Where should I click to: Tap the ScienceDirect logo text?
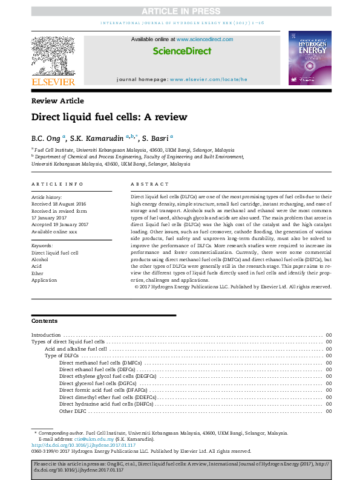point(182,51)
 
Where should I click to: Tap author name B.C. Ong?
point(45,138)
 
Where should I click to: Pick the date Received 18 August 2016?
point(59,204)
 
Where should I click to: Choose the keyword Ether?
point(38,273)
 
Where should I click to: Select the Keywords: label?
point(42,246)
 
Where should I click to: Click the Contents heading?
point(45,320)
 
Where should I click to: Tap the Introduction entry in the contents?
point(46,335)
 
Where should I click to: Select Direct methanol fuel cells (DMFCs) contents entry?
point(96,362)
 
